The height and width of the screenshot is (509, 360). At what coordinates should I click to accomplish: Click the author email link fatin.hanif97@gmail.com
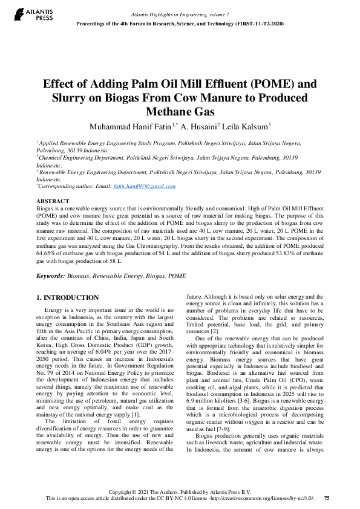(x=146, y=187)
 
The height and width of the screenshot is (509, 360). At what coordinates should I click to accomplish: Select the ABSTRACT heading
(x=53, y=200)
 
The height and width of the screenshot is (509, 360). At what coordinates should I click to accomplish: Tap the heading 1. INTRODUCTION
(x=67, y=298)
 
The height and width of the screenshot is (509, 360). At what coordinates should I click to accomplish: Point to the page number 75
(x=327, y=499)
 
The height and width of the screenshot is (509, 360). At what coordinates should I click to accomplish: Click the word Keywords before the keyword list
(x=50, y=276)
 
